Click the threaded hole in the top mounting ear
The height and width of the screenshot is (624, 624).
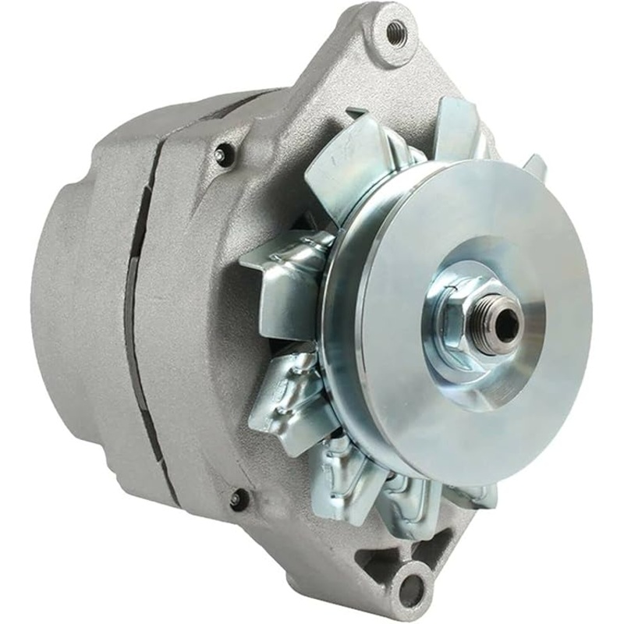(x=396, y=32)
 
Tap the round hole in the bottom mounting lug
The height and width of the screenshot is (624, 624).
(x=410, y=586)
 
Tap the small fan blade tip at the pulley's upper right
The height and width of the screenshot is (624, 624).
(x=534, y=165)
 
